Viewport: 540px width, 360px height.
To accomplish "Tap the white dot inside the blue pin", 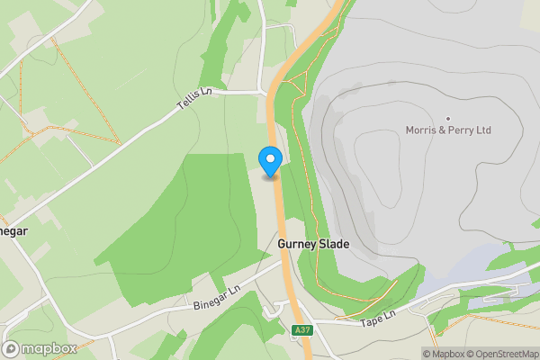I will [x=271, y=158].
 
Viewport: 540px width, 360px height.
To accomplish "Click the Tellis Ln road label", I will [x=195, y=105].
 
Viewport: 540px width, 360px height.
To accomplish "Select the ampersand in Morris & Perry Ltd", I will [x=445, y=130].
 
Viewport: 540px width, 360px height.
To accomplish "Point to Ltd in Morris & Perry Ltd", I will [x=484, y=130].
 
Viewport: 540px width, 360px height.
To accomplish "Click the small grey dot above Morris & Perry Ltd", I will [x=448, y=119].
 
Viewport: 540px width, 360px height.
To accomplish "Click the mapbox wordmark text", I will [x=49, y=349].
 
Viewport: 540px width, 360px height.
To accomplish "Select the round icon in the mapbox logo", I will [x=12, y=349].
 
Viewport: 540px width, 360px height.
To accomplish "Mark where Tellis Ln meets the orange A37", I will [x=270, y=92].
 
